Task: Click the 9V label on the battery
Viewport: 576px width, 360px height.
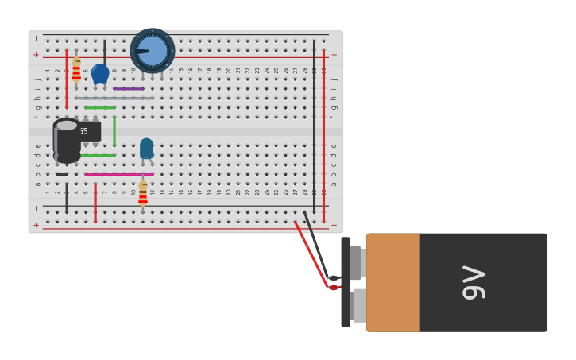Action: coord(474,282)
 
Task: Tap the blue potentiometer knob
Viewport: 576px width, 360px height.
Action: coord(153,51)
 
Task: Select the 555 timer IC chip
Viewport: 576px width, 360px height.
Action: coord(87,131)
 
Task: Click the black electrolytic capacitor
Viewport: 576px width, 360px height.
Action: coord(67,141)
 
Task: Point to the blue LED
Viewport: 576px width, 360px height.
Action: coord(146,149)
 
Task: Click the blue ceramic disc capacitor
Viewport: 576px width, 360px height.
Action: coord(100,74)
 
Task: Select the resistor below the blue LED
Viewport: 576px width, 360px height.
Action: coord(143,193)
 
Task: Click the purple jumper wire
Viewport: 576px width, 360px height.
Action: coord(129,89)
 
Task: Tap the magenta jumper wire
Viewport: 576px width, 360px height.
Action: coord(119,174)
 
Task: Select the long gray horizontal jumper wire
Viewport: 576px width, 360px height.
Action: coord(114,99)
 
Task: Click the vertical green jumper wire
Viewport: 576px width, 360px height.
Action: coord(114,131)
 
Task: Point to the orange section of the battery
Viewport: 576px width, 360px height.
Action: coord(393,282)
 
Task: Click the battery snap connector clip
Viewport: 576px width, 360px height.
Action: coord(346,282)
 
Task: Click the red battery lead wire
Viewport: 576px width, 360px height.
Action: coord(311,254)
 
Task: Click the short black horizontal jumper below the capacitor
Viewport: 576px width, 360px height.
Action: coord(62,174)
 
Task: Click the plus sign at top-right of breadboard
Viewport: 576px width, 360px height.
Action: coord(334,55)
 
